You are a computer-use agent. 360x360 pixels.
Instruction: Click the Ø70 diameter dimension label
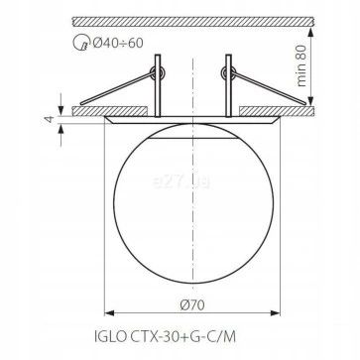coord(192,304)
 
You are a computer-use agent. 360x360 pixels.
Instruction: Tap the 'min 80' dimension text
coord(301,65)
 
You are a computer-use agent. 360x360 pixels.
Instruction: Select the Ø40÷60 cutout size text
coord(118,43)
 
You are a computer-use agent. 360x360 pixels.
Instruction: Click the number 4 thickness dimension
coord(50,119)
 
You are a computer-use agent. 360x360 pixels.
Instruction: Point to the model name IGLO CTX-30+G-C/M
coord(166,337)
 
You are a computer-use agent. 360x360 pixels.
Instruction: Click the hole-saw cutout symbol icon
coord(80,44)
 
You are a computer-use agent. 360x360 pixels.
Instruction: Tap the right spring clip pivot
coord(228,72)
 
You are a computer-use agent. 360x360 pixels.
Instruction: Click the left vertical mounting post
coord(158,85)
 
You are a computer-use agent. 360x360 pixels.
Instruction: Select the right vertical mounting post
coord(228,85)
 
